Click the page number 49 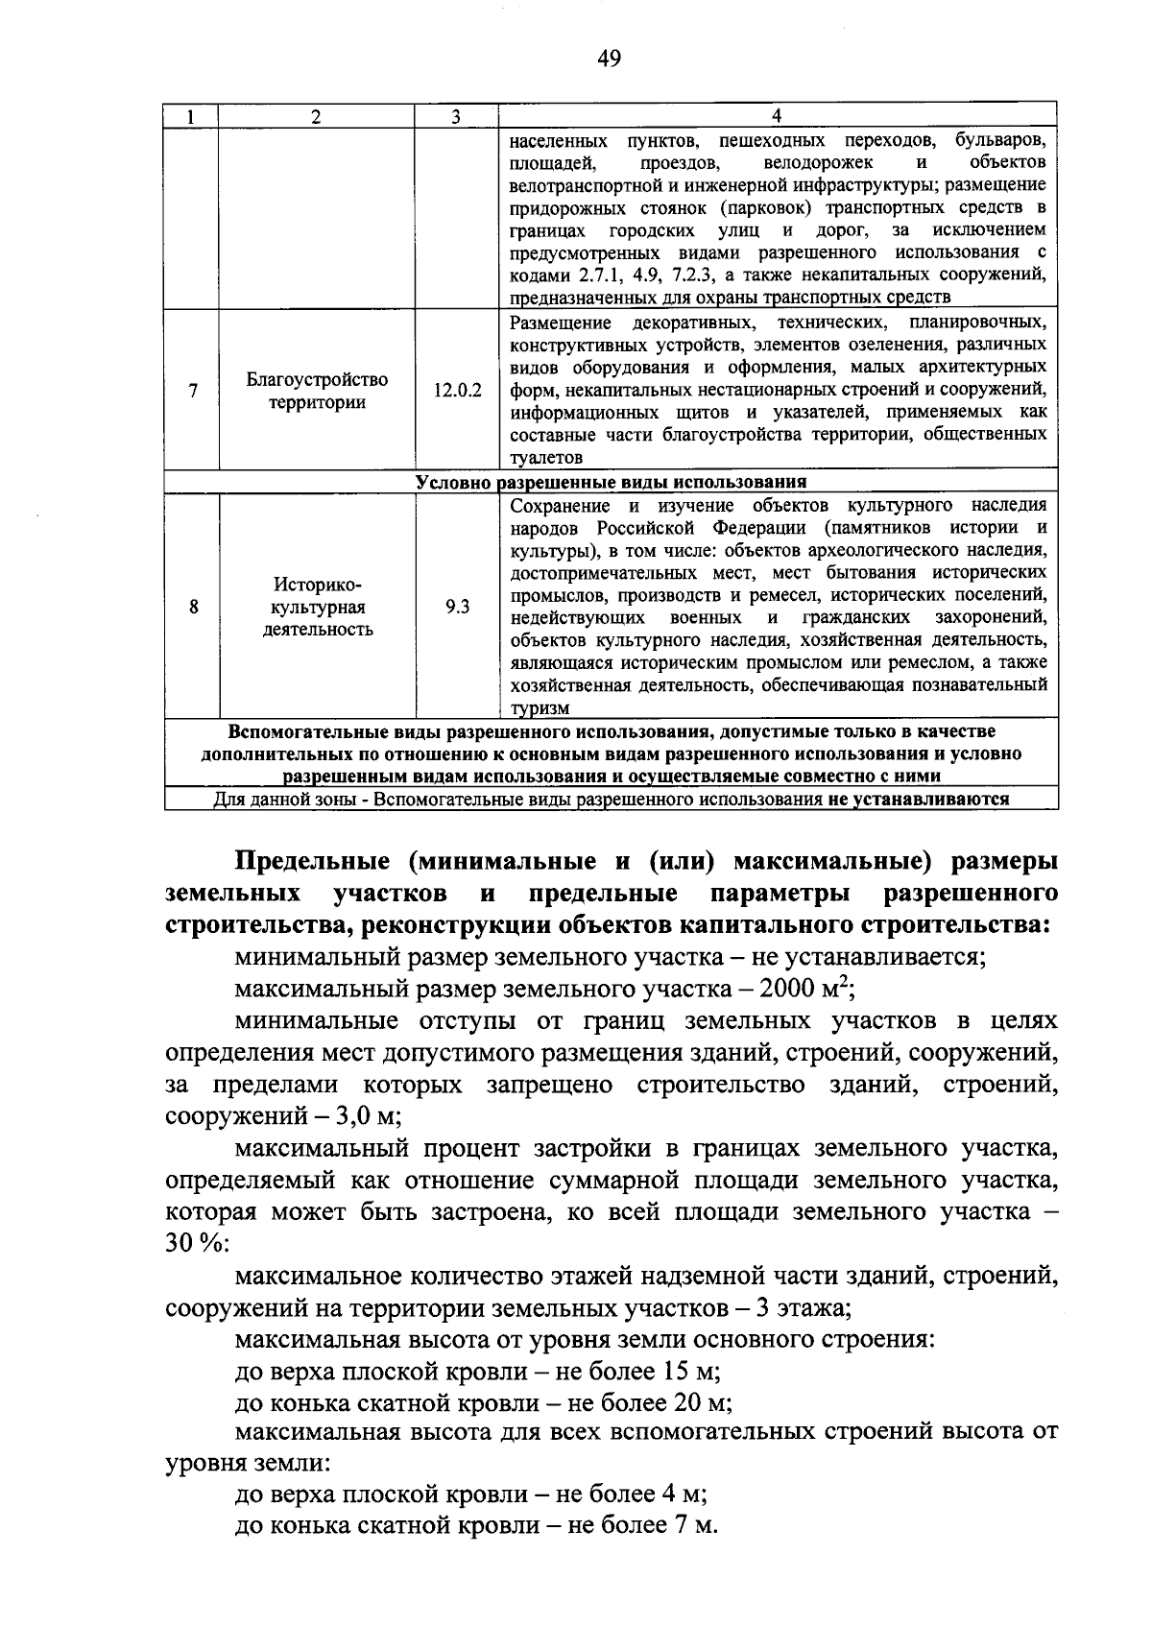[x=609, y=60]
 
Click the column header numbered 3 [x=456, y=116]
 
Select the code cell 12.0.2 [x=457, y=392]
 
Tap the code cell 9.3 [x=457, y=607]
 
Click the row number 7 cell [x=193, y=392]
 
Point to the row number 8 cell [x=193, y=607]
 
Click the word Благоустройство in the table [x=317, y=379]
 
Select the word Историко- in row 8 [x=317, y=585]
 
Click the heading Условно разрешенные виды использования [x=611, y=482]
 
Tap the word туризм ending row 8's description [x=540, y=709]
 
